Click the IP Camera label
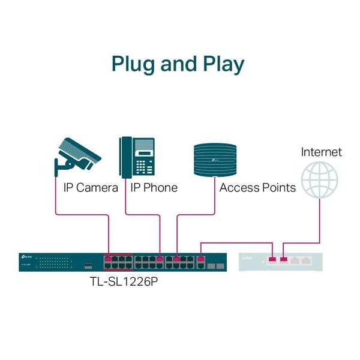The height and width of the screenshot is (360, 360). (91, 188)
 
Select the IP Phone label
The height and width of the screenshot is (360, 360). (154, 188)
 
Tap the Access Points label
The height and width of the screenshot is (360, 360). (257, 188)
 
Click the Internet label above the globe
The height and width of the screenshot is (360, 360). (321, 152)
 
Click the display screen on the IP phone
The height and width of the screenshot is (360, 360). (144, 146)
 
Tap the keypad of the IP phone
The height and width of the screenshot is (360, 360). (144, 164)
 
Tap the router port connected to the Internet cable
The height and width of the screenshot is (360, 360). (284, 260)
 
